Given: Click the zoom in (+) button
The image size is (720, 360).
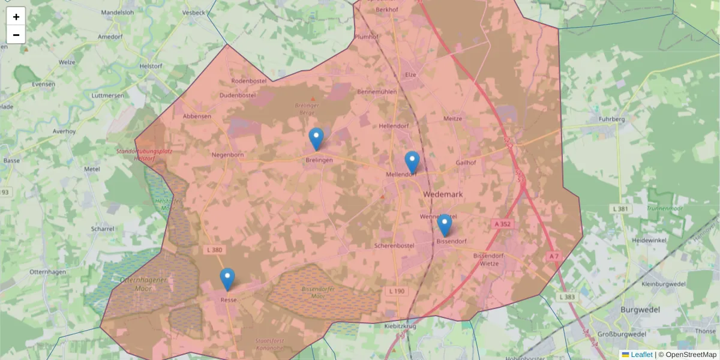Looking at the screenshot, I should coord(16,17).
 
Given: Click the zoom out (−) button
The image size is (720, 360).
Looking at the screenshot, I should coord(16,35).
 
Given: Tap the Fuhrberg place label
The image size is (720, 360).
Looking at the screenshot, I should coord(611,119).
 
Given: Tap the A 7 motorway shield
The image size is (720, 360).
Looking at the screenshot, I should coord(553,256).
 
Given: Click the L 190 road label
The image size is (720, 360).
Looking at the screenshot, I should coord(397,291).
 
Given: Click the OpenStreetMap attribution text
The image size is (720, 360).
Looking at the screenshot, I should coord(691,355).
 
